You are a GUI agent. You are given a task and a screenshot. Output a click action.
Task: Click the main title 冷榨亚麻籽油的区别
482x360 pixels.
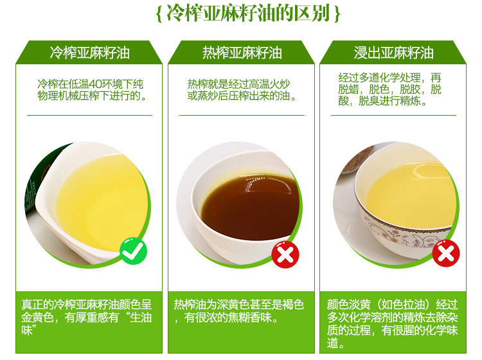(x=248, y=14)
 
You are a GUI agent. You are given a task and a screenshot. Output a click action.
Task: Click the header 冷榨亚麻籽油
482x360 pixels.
(x=89, y=53)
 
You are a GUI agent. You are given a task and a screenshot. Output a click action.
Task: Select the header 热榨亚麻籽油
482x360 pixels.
(x=242, y=53)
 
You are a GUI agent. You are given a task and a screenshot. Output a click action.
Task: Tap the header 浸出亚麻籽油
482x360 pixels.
(x=393, y=53)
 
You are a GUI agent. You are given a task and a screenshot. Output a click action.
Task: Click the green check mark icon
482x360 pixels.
(x=134, y=251)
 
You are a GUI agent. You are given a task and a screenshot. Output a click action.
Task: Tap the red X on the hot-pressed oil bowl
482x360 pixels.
(x=285, y=255)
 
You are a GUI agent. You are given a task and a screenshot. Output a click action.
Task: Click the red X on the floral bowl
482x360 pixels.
(x=446, y=253)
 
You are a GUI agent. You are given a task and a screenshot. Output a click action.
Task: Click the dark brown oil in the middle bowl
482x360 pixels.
(x=251, y=206)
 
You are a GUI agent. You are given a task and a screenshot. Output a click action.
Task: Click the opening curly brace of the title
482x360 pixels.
(x=159, y=14)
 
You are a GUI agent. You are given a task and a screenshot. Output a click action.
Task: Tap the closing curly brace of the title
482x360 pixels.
(x=337, y=14)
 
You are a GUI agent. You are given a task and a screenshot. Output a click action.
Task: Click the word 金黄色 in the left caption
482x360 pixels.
(x=37, y=318)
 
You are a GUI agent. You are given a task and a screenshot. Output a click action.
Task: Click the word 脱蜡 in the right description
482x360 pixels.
(x=348, y=89)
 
